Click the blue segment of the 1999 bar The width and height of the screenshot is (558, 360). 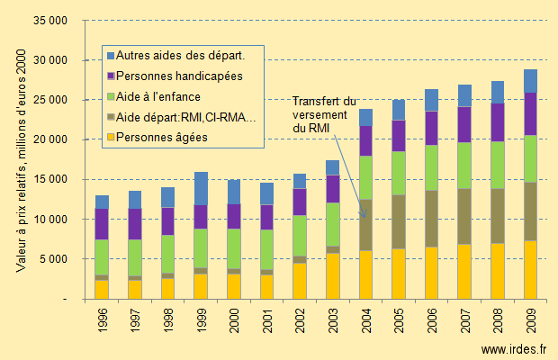[201, 188]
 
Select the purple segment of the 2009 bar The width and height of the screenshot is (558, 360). [530, 113]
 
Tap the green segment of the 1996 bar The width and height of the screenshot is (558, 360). [102, 257]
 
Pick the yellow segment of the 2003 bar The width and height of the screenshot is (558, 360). [333, 276]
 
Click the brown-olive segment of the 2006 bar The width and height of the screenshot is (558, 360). [431, 219]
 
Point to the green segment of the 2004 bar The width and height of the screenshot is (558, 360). [365, 177]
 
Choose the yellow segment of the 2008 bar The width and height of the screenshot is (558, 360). [498, 271]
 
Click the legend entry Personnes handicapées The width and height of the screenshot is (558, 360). [175, 76]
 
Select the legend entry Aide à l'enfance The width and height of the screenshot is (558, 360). [154, 97]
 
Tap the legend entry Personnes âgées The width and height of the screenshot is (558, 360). [157, 138]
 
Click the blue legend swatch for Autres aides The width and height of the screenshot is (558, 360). [111, 56]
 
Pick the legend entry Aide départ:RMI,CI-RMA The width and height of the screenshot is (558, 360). [182, 117]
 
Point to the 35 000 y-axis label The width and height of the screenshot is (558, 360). [50, 21]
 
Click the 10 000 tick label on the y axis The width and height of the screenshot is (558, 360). [50, 219]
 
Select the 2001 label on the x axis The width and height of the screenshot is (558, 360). [267, 321]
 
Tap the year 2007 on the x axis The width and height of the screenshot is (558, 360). [464, 321]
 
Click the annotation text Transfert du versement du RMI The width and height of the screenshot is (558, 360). [324, 115]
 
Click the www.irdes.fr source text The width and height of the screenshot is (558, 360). [514, 349]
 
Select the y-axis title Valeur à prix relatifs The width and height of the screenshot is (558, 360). [21, 161]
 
